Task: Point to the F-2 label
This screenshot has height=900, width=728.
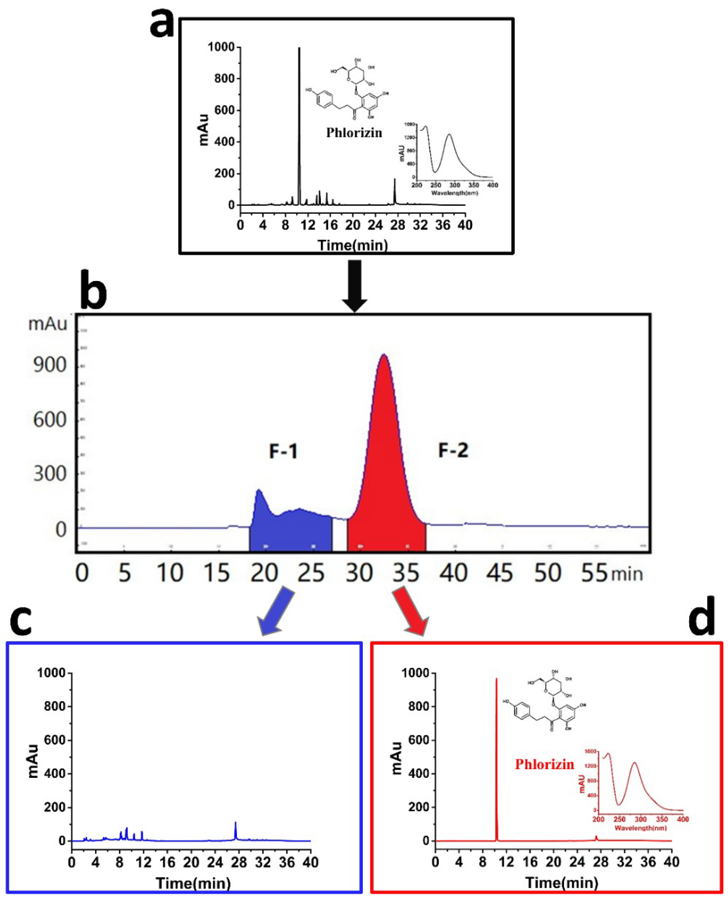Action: point(453,450)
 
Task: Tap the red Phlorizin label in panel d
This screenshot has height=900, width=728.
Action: point(544,764)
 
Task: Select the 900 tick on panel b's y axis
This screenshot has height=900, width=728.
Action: point(50,366)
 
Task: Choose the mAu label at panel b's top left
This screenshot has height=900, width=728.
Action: point(47,324)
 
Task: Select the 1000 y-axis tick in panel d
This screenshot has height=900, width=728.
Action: point(415,673)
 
